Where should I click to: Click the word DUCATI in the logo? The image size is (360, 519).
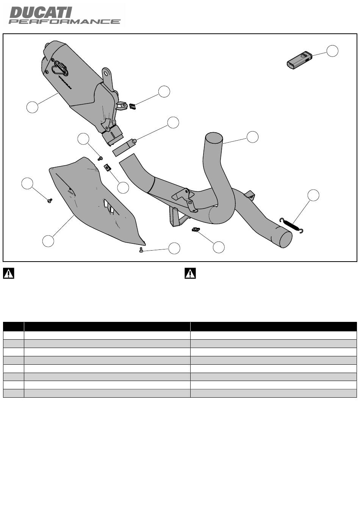41,13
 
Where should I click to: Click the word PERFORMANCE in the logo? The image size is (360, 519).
65,22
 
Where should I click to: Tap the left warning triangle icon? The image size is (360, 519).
9,273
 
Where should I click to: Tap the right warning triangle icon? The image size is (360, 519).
190,273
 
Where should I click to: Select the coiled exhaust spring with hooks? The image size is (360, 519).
291,226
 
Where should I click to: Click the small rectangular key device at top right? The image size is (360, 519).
299,60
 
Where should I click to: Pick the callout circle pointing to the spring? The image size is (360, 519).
313,195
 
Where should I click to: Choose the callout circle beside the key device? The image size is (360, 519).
332,51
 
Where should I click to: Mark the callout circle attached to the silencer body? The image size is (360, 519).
32,107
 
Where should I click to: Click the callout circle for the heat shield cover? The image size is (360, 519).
48,241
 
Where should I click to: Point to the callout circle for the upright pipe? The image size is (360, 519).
252,137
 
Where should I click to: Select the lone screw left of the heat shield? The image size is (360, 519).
50,201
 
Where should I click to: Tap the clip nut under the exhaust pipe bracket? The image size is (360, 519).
196,230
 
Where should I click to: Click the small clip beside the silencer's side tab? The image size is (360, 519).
132,107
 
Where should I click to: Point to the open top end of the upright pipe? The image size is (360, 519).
214,137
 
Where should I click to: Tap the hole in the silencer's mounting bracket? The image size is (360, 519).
106,74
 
